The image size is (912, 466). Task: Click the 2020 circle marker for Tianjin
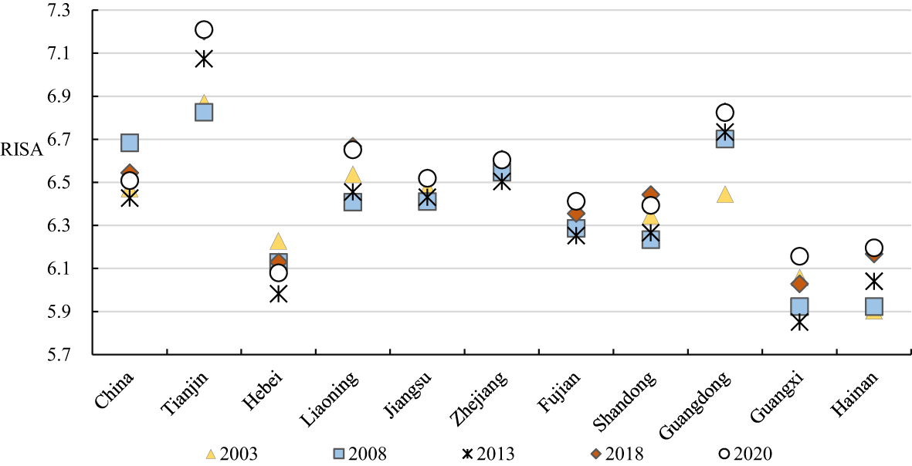pos(204,30)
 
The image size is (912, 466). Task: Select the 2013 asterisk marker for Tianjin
pos(204,59)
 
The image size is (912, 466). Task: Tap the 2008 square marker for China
pos(130,143)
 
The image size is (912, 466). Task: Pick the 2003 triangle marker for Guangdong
pos(724,194)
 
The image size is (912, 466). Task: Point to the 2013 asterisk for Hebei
pos(278,294)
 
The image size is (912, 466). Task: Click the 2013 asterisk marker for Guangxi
pos(799,322)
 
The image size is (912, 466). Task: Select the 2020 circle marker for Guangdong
pos(724,113)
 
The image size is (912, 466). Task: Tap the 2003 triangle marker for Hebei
pos(278,241)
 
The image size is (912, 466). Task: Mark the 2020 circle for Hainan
pos(873,248)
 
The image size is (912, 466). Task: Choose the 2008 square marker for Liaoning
pos(353,202)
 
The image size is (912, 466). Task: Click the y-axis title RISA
pos(22,151)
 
